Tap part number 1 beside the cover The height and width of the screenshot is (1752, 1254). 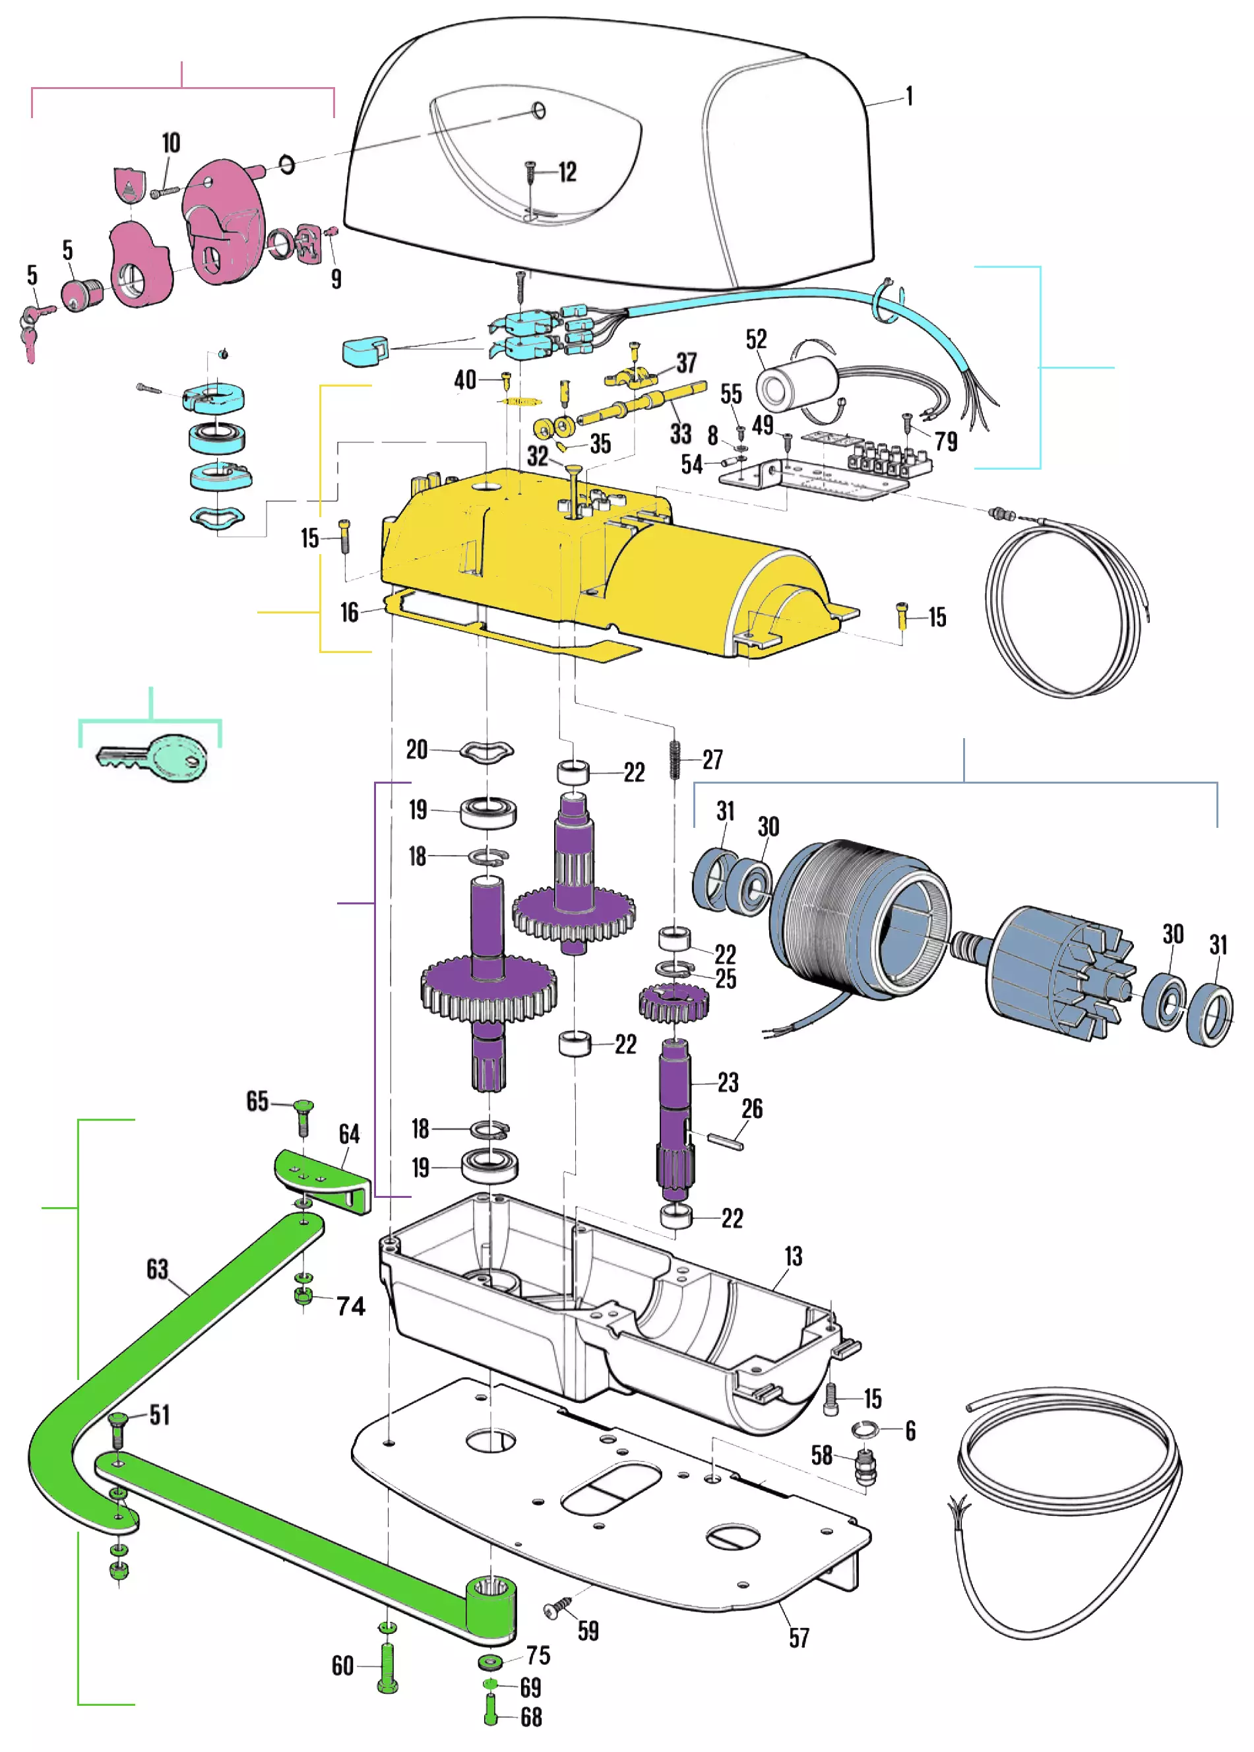[x=910, y=96]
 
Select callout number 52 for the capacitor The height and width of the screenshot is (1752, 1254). [x=756, y=339]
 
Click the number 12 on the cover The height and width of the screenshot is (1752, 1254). [x=567, y=172]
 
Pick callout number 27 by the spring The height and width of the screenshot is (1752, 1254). [x=712, y=759]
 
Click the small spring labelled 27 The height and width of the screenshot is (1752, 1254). [x=675, y=761]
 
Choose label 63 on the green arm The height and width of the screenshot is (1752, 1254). [x=158, y=1268]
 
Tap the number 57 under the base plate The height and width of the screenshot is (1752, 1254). [x=799, y=1638]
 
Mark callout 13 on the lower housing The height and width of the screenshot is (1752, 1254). [x=794, y=1257]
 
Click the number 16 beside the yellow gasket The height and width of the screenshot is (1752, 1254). [x=350, y=612]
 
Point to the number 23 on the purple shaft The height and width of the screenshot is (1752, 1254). [x=728, y=1082]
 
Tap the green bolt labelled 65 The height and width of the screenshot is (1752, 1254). [x=303, y=1115]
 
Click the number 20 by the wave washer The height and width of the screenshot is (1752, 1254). [x=417, y=749]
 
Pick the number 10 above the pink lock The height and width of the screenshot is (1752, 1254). [x=171, y=143]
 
